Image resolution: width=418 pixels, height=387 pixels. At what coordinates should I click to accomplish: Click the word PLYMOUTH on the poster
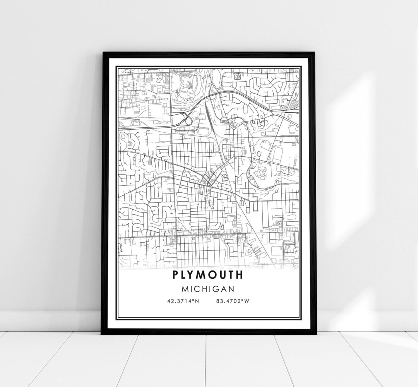point(208,275)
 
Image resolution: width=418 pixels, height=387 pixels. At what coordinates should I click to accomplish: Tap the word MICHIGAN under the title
point(208,289)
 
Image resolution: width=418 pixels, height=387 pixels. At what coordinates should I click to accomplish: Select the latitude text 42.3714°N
point(183,301)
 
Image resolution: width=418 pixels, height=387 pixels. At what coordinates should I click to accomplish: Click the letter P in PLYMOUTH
point(176,275)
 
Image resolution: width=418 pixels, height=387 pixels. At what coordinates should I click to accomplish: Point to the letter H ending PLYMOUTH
point(240,275)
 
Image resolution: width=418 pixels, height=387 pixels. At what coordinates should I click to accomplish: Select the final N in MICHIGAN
point(231,289)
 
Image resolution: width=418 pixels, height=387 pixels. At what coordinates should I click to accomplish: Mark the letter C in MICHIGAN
point(196,289)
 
